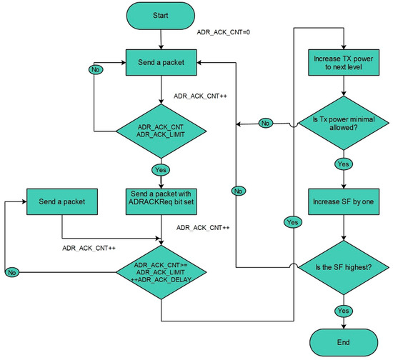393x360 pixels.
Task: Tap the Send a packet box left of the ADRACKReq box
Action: [x=61, y=201]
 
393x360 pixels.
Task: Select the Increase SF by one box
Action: [x=346, y=201]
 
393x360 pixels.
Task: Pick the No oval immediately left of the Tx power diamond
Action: [x=266, y=124]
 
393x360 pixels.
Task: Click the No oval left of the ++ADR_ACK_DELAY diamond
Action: [x=11, y=272]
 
